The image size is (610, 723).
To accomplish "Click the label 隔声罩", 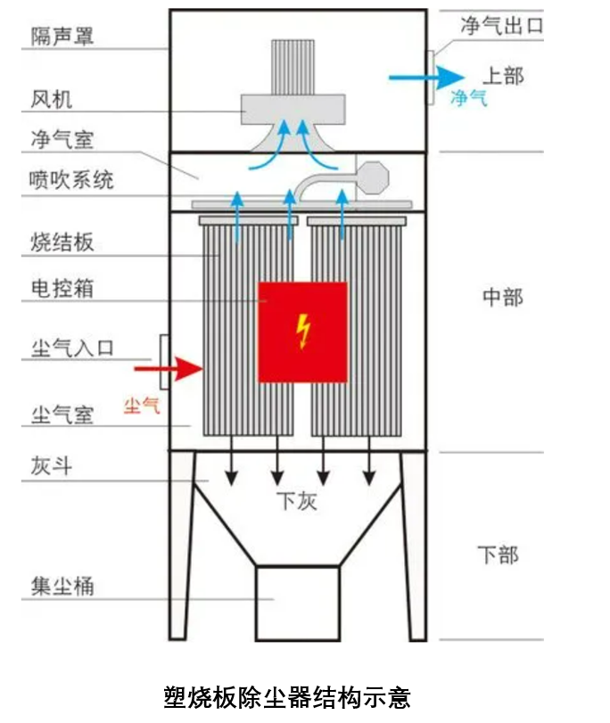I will (62, 37).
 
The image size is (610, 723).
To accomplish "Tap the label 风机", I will (51, 98).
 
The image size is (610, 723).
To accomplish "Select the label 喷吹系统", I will (72, 180).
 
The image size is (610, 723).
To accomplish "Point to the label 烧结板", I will (62, 242).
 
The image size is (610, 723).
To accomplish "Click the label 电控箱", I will (62, 289).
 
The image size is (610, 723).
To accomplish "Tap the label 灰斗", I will (51, 466).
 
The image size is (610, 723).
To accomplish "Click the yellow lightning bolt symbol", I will (303, 332).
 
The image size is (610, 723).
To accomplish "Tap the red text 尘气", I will (142, 406).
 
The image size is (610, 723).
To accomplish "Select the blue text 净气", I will (469, 98).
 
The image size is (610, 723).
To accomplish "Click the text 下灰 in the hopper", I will (296, 501).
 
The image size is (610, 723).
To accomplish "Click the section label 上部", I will (503, 75).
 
